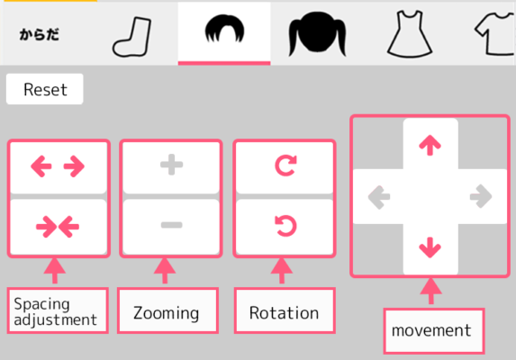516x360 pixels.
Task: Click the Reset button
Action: [45, 89]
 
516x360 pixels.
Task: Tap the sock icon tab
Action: [132, 37]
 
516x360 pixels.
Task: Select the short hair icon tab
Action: [224, 29]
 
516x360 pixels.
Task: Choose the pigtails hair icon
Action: [317, 33]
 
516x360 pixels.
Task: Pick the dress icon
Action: [410, 34]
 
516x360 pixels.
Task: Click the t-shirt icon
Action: [495, 33]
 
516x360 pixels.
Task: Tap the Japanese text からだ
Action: [39, 34]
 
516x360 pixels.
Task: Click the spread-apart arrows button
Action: [59, 167]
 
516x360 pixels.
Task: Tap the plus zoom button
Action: [171, 167]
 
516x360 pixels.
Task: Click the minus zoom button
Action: [171, 227]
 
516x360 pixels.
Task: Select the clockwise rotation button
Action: [285, 167]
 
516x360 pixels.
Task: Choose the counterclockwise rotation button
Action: [285, 227]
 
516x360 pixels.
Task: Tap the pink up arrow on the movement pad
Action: [430, 145]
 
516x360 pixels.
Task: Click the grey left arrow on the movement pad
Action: [379, 197]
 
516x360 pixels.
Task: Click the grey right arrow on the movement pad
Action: [481, 196]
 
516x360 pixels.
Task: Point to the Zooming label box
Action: [167, 310]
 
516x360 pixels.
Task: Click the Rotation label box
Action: [285, 310]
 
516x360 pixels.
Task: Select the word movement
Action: [431, 330]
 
